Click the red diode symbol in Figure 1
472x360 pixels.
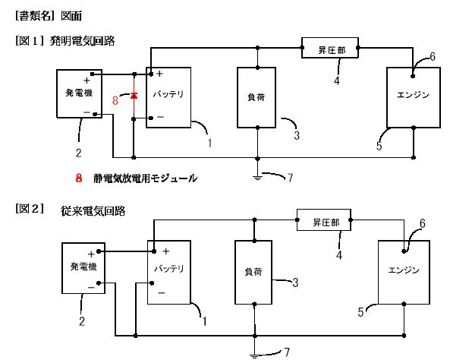(134, 96)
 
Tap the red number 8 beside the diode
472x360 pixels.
(115, 99)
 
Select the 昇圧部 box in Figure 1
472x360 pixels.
(331, 49)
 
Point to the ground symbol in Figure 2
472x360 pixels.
(253, 352)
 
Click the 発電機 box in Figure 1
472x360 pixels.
(78, 93)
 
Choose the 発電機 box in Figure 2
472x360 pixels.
(83, 268)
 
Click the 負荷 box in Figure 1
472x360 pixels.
(259, 98)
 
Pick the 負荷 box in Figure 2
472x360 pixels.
(253, 271)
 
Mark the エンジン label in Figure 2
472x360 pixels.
(404, 270)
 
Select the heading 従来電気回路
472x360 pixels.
(93, 210)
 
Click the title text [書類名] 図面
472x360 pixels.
(48, 15)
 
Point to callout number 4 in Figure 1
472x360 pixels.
(337, 80)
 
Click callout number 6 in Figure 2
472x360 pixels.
(423, 223)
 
